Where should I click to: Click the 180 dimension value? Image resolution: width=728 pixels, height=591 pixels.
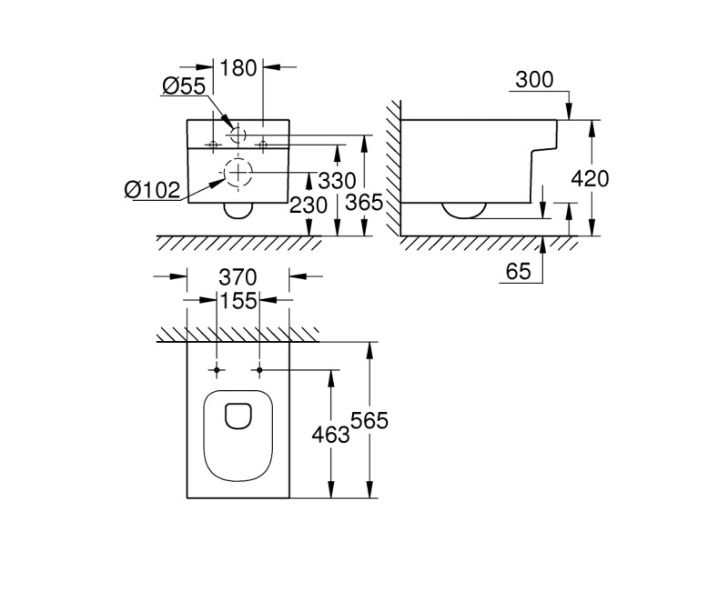[238, 67]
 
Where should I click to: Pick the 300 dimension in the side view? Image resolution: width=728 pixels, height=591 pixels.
[534, 80]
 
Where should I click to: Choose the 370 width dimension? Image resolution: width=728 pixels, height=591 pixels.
[238, 276]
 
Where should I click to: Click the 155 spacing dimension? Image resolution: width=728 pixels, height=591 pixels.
[238, 300]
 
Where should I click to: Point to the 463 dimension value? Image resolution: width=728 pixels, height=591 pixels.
[330, 435]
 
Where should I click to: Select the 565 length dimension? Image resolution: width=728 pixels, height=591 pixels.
[369, 421]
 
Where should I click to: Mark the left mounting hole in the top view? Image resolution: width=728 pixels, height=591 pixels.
[217, 370]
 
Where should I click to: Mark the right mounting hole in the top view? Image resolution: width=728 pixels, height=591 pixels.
[259, 370]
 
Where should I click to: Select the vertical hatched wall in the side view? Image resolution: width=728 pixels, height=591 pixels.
[392, 168]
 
